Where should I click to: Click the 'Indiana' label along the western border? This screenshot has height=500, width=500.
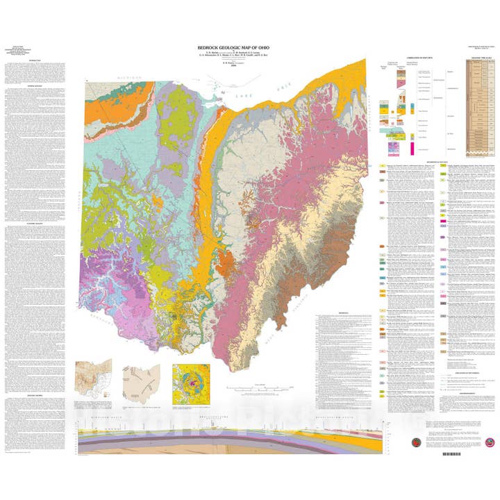pyautogui.click(x=76, y=208)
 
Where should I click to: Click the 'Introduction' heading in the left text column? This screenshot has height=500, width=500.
pyautogui.click(x=37, y=60)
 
